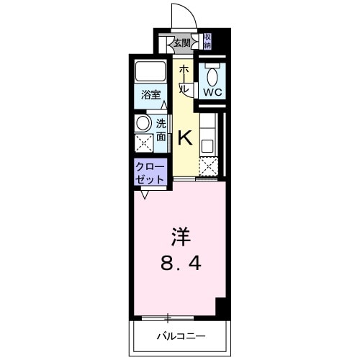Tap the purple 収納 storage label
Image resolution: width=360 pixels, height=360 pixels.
point(207,41)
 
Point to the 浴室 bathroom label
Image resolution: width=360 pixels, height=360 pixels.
point(150,94)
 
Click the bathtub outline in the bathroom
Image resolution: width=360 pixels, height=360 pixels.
point(151,73)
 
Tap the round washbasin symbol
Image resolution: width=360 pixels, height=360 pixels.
point(143,122)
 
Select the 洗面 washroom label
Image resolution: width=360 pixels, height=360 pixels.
point(161,129)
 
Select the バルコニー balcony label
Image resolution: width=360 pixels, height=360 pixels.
point(180,336)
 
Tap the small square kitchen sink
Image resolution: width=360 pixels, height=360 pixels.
point(207,144)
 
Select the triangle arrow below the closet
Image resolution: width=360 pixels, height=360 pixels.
point(145,194)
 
